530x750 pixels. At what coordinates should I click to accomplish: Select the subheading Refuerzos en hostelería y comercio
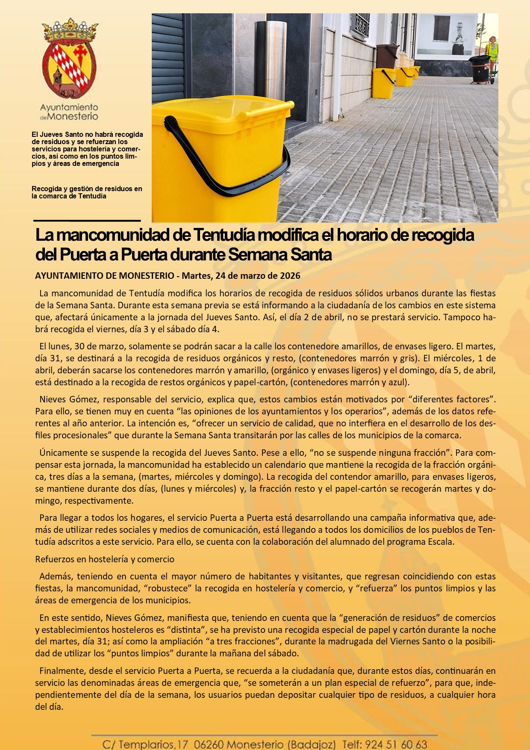(x=105, y=559)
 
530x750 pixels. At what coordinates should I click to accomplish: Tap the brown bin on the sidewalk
(x=387, y=57)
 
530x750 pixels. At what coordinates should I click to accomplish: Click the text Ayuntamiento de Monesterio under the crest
(x=69, y=112)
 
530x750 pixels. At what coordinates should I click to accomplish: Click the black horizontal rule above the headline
(x=87, y=221)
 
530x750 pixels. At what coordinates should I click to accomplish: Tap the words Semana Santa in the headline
(x=280, y=255)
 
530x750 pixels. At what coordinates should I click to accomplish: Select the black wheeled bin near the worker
(x=480, y=68)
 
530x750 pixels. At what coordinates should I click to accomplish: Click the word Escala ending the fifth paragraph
(x=440, y=542)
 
